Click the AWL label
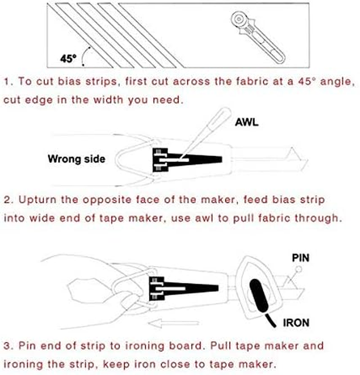(x=247, y=123)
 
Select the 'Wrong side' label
(x=76, y=158)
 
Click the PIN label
(x=301, y=258)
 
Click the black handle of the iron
(x=258, y=295)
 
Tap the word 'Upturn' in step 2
(x=33, y=199)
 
